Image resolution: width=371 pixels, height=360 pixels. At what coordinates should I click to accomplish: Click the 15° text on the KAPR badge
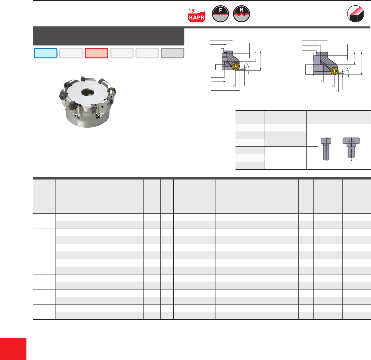(192, 11)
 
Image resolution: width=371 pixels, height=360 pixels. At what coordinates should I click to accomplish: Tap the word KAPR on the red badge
(197, 18)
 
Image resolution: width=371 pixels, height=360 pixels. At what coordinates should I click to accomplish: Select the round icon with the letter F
(220, 14)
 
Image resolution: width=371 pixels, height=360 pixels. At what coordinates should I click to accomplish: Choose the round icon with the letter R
(241, 14)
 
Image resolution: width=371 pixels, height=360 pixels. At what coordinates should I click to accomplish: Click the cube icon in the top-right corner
(355, 14)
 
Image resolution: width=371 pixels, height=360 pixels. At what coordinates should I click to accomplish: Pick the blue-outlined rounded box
(46, 53)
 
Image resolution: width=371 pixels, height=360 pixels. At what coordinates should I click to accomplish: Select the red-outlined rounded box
(96, 53)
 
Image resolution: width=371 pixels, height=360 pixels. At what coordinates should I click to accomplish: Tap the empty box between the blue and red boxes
(71, 53)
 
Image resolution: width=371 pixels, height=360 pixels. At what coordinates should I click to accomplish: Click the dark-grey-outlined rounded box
(173, 53)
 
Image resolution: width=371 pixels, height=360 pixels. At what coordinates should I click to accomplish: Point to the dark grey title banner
(108, 36)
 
